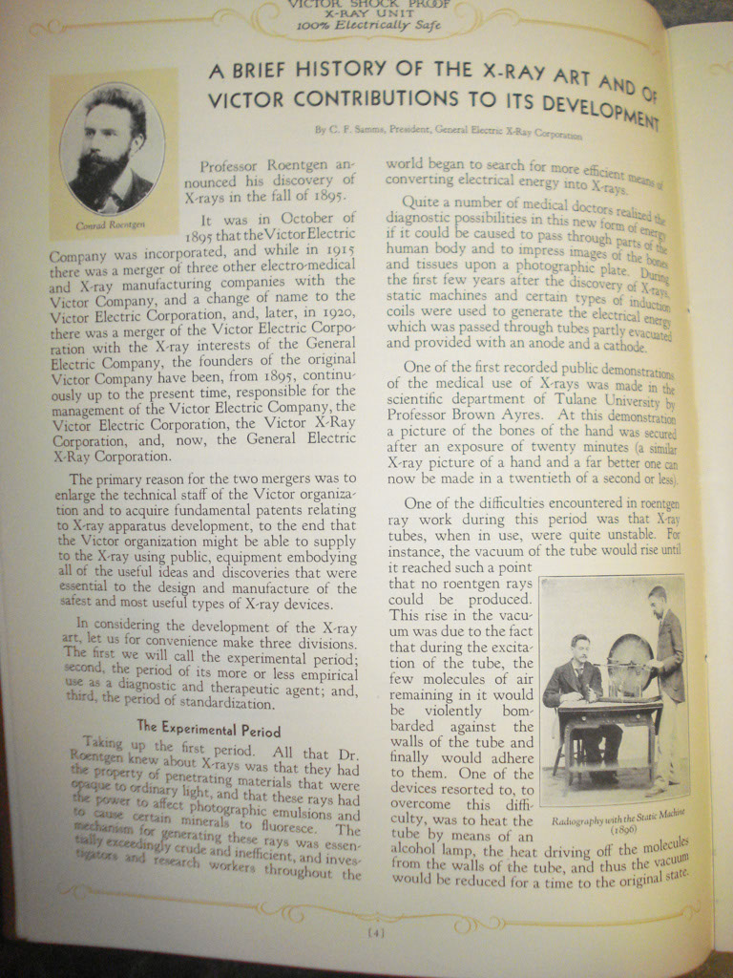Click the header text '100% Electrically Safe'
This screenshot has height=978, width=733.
coord(368,26)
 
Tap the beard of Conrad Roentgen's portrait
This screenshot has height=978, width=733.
coord(102,175)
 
